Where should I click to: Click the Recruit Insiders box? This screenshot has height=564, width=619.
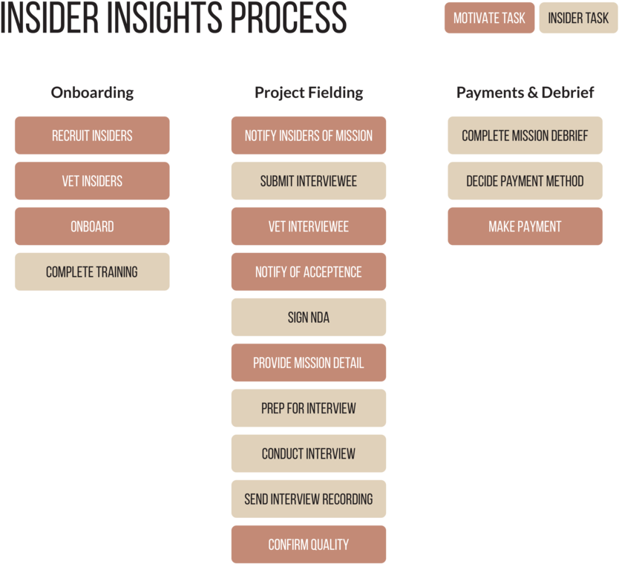[x=92, y=136]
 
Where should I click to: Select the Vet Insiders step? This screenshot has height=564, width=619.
[x=92, y=181]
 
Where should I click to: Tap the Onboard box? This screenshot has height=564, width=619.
[x=92, y=226]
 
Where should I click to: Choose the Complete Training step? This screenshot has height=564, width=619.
[x=92, y=272]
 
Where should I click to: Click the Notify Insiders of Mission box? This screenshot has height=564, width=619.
[x=309, y=136]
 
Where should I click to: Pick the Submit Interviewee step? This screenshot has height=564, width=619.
[x=309, y=181]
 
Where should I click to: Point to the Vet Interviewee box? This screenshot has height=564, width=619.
[x=309, y=226]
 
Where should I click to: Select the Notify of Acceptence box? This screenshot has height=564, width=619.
[x=309, y=272]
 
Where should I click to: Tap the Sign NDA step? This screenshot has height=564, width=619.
[x=309, y=318]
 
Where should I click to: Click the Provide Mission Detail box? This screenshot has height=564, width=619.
[x=309, y=363]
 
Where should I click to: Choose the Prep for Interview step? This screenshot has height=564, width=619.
[x=309, y=408]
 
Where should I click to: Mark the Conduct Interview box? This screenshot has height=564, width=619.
[x=309, y=453]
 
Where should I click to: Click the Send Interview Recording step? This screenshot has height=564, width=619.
[x=309, y=499]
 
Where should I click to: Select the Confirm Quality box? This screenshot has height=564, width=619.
[x=309, y=545]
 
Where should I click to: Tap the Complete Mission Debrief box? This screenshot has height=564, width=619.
[x=525, y=136]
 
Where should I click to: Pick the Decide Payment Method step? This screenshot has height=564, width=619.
[x=525, y=181]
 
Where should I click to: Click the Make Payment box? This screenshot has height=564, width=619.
[x=525, y=226]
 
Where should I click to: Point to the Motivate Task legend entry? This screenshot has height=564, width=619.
[x=489, y=18]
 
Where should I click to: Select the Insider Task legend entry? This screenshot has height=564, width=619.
[x=578, y=18]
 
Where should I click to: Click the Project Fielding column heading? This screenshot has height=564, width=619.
[x=309, y=93]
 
